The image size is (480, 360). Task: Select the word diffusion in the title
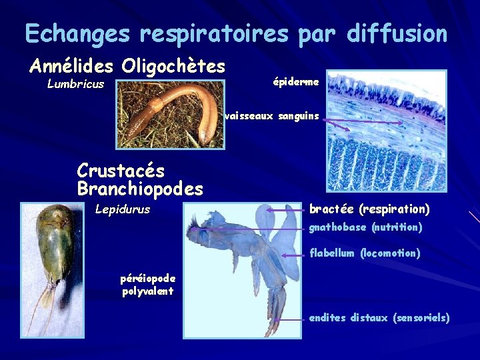(x=397, y=33)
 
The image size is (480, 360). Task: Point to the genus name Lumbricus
(x=75, y=85)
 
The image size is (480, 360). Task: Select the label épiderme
(x=296, y=81)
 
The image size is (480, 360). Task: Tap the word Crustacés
(x=121, y=171)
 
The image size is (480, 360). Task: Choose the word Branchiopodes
(x=140, y=189)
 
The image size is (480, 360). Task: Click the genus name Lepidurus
(x=123, y=210)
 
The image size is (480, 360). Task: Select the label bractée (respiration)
(x=369, y=209)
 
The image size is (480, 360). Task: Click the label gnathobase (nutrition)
(x=365, y=228)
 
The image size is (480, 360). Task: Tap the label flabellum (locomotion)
(x=365, y=253)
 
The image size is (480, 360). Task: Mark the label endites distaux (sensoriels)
(x=379, y=318)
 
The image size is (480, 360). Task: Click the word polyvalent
(x=147, y=291)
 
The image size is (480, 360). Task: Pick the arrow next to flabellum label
(x=294, y=255)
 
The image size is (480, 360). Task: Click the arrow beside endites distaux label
(x=290, y=319)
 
